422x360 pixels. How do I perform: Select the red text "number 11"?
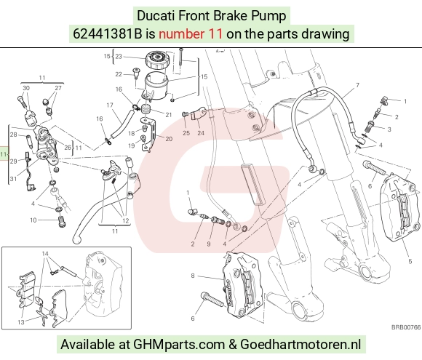pos(191,34)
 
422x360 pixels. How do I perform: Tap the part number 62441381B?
pos(108,34)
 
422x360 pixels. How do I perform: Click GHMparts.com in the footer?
pos(179,345)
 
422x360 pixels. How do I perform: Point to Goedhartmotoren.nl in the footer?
pos(300,345)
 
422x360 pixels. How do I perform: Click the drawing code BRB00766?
pos(406,327)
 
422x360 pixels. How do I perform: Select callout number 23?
pos(119,57)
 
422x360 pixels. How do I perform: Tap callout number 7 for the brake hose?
pos(357,85)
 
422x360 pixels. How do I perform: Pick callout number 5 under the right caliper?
pos(410,261)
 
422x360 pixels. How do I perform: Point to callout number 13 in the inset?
pos(21,322)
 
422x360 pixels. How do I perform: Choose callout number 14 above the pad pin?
pos(45,254)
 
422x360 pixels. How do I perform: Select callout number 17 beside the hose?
pos(110,105)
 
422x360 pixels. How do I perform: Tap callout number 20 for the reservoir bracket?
pos(169,139)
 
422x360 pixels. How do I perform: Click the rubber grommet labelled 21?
pos(146,111)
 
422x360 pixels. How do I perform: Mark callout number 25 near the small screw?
pos(186,133)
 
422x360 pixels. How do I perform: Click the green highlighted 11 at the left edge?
pos(4,154)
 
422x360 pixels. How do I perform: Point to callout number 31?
pos(13,179)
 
